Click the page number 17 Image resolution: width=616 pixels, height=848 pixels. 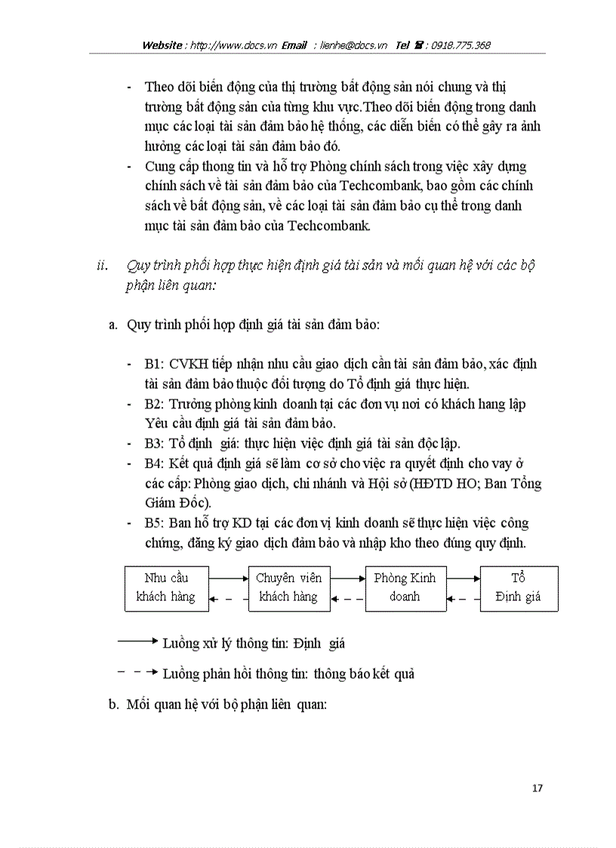(x=537, y=788)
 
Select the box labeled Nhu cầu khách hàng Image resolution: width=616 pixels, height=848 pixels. (x=165, y=587)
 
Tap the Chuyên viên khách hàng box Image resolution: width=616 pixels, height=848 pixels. (x=288, y=587)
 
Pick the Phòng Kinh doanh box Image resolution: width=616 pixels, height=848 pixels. (x=405, y=587)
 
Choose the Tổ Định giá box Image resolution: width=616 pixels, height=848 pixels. (x=518, y=587)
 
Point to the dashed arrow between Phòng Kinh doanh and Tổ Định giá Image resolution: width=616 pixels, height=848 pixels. (x=462, y=599)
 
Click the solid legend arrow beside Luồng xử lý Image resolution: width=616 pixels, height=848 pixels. (x=137, y=642)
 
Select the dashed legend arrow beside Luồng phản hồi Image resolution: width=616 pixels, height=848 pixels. (x=137, y=671)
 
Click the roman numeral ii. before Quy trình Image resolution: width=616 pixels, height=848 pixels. (x=103, y=266)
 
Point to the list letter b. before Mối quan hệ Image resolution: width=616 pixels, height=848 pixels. (x=115, y=705)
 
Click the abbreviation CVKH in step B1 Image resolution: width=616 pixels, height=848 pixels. (x=187, y=364)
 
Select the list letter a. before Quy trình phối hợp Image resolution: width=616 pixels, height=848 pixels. (x=115, y=325)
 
